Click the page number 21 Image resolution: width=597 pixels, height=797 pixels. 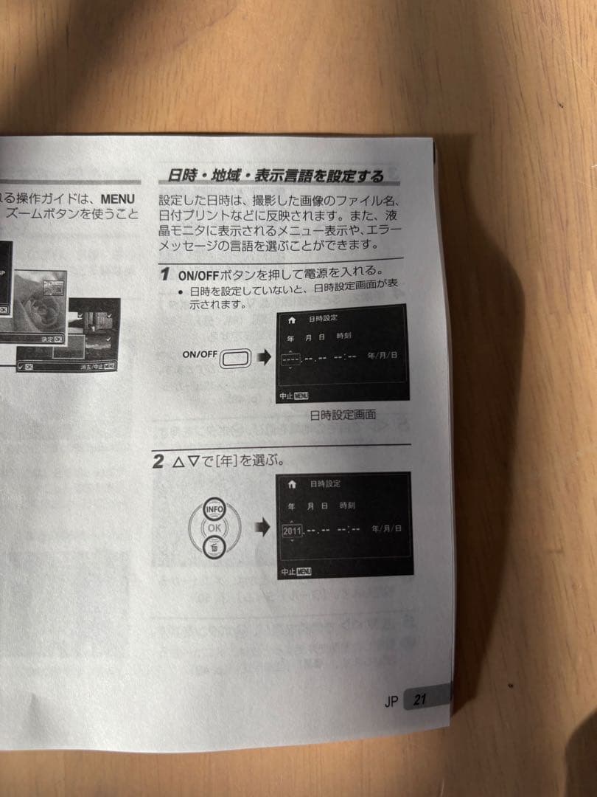420,700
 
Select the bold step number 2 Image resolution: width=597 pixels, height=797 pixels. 158,463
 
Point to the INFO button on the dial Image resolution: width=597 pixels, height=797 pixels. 214,509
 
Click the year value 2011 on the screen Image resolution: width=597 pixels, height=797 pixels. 292,530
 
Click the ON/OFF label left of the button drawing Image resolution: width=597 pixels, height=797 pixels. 200,354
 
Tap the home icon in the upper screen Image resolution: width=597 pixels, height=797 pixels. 292,320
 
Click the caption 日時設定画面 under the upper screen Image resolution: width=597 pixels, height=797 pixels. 343,415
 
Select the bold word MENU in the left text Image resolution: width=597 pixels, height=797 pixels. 118,199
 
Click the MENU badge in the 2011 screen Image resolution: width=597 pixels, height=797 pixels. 303,572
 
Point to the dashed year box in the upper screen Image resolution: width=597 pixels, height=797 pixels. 291,359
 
